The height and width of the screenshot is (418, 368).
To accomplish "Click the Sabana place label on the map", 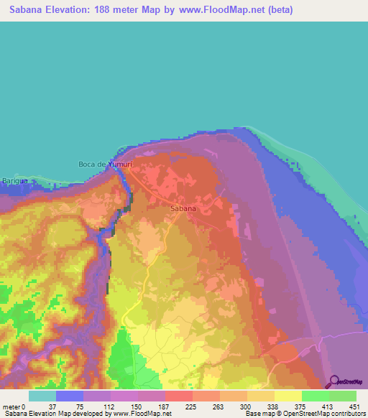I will [183, 209].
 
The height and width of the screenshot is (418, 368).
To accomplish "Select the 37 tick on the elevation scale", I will [52, 407].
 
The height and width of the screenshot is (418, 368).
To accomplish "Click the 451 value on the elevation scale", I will [353, 407].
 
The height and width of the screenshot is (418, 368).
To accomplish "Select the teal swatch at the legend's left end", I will [42, 396].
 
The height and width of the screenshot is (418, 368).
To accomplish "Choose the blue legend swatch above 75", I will [70, 396].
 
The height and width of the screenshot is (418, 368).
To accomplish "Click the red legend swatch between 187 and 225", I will [178, 396].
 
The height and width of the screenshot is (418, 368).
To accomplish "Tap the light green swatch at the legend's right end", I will [342, 396].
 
